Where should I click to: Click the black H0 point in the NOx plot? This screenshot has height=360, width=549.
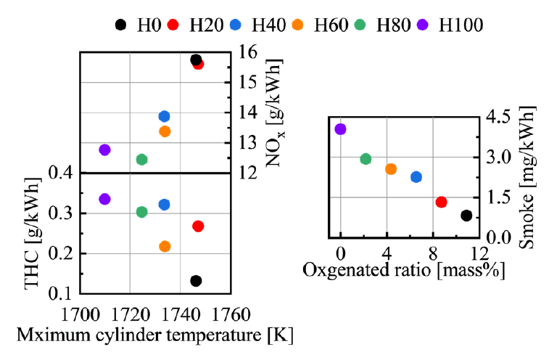pos(196,60)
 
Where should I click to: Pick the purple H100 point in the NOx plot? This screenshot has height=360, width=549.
pos(104,150)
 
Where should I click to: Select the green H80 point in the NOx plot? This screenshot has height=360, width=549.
pos(142,160)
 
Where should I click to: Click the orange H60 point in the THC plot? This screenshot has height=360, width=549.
pos(165,247)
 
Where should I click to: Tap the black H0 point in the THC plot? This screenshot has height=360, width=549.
pos(196,281)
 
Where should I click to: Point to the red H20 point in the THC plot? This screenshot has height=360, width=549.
pos(198,226)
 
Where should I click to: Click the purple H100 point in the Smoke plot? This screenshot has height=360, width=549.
pos(341,129)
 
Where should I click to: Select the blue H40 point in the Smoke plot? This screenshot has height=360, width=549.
pos(416,177)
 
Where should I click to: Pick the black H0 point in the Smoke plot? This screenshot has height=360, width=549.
pos(466,216)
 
